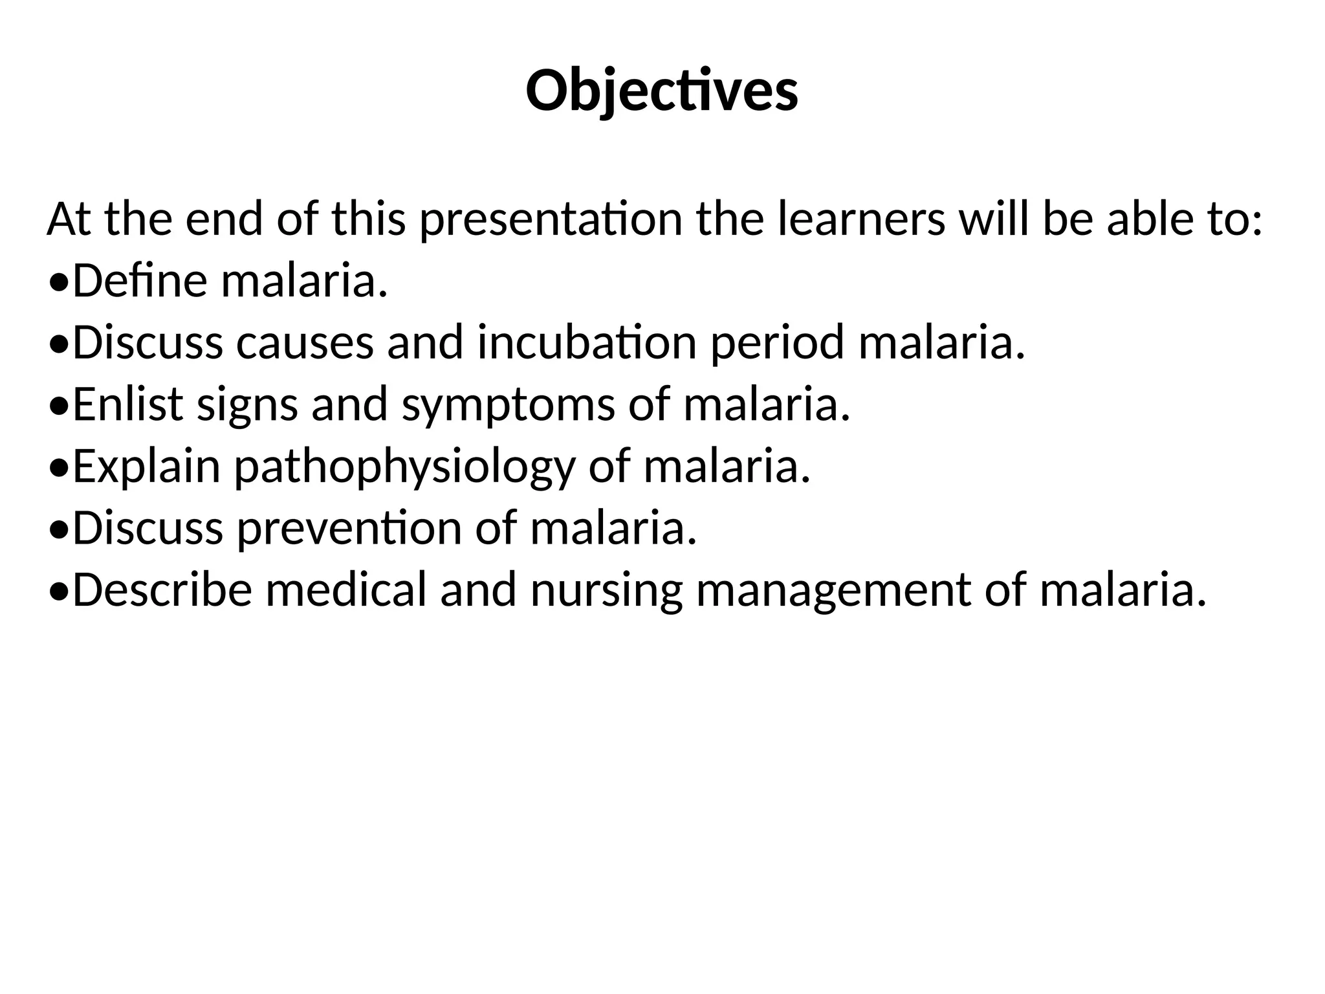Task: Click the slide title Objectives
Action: point(662,91)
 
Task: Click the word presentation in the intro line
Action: point(551,219)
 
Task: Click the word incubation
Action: point(587,342)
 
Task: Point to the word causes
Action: point(305,342)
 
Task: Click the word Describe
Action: point(162,590)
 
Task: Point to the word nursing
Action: point(606,591)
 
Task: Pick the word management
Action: point(833,591)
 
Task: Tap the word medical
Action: point(346,590)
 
